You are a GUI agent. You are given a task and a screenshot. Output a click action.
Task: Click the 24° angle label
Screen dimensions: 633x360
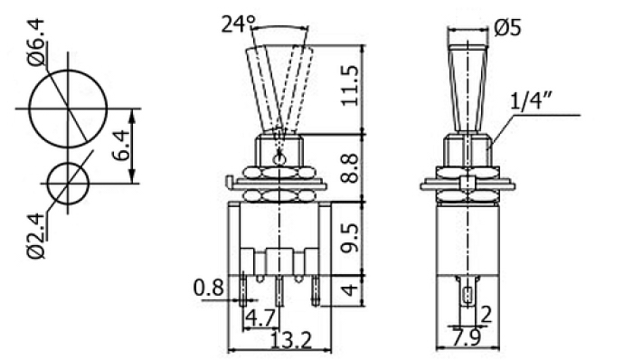tap(238, 24)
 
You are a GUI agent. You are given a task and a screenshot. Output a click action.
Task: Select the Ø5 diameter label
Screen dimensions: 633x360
tap(507, 27)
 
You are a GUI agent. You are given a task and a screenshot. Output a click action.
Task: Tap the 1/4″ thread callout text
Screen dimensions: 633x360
tap(531, 100)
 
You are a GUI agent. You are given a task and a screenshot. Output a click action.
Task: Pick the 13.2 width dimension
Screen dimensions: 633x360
tap(290, 340)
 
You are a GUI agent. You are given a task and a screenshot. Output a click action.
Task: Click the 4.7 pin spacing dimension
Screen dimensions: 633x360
tap(260, 318)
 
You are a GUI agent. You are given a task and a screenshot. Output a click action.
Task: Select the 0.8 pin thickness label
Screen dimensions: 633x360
tap(208, 288)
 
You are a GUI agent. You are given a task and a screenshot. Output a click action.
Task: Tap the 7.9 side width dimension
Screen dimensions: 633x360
tap(467, 337)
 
